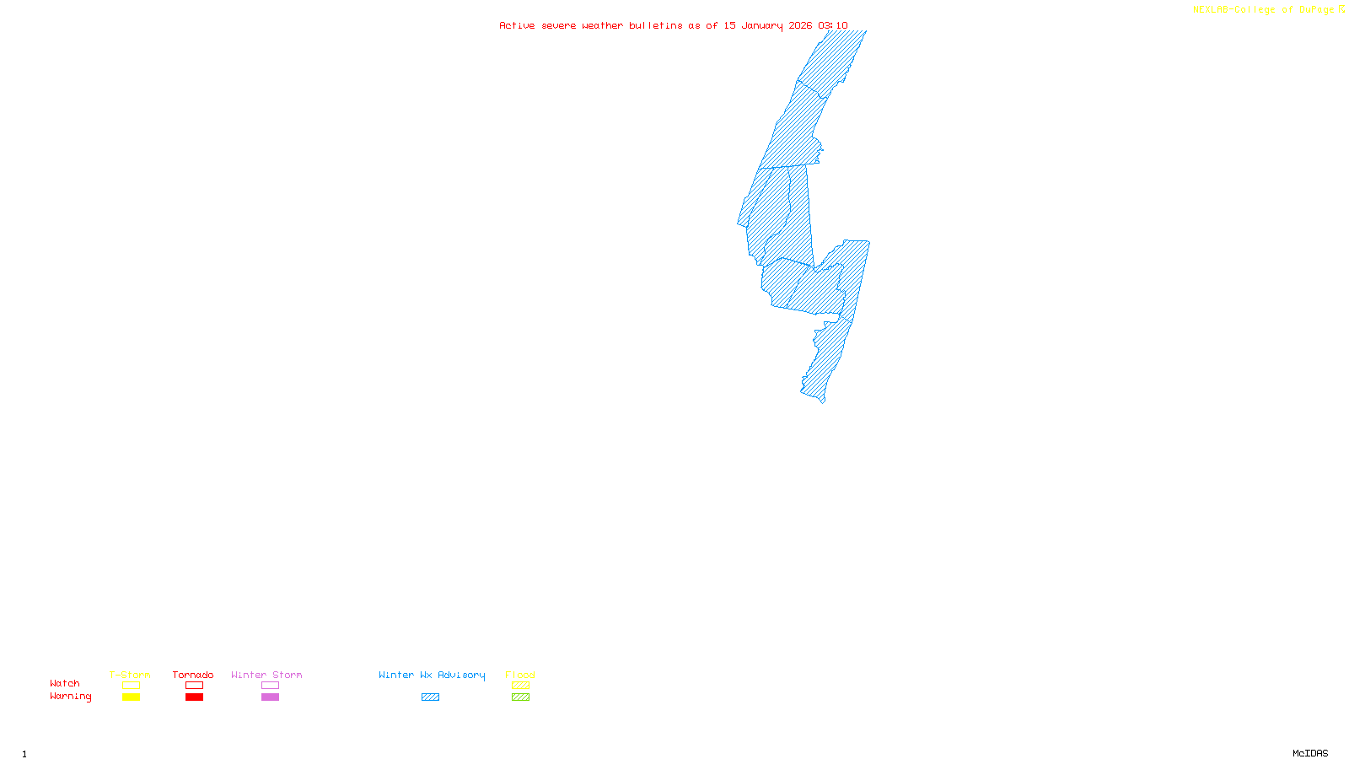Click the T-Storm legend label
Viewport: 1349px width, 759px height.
pos(130,675)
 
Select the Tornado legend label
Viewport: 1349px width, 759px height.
pos(193,675)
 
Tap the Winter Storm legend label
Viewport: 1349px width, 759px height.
pos(266,675)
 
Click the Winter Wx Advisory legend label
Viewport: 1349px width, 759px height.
pos(432,675)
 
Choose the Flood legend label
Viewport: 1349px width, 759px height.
pos(520,675)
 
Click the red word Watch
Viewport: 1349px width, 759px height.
pos(65,683)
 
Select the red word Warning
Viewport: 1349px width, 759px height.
pos(70,697)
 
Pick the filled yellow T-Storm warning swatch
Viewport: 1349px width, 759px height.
pos(131,697)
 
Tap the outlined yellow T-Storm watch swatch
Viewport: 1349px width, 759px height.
pos(131,686)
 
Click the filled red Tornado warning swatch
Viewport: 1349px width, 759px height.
pos(194,697)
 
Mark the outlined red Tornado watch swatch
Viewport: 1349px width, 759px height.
pos(194,686)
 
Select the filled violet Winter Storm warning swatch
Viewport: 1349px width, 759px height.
pos(270,697)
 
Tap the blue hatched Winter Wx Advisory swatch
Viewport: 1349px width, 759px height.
pos(430,697)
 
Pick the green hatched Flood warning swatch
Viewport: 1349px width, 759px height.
pos(520,697)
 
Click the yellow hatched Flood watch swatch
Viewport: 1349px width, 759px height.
pos(520,686)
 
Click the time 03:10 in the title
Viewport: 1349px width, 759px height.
pos(832,25)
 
